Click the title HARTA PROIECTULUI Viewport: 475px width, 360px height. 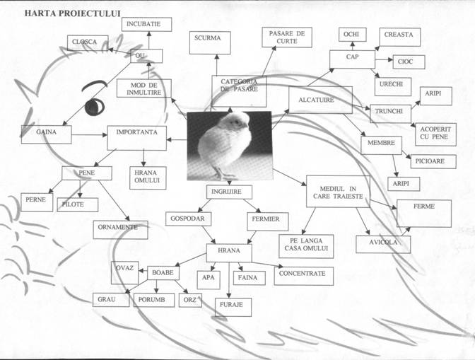pyautogui.click(x=72, y=13)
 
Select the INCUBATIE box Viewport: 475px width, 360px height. pyautogui.click(x=146, y=24)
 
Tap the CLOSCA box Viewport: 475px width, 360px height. pyautogui.click(x=88, y=42)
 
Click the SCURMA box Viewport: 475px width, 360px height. pyautogui.click(x=210, y=42)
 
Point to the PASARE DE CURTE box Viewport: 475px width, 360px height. pyautogui.click(x=287, y=37)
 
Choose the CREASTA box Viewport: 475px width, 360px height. pyautogui.click(x=400, y=37)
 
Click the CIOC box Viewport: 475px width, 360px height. pyautogui.click(x=409, y=62)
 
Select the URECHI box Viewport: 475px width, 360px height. pyautogui.click(x=393, y=87)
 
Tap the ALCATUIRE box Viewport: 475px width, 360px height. pyautogui.click(x=320, y=100)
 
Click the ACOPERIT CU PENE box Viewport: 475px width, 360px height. pyautogui.click(x=435, y=134)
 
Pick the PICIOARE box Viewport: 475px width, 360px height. pyautogui.click(x=433, y=161)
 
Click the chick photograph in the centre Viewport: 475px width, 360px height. pyautogui.click(x=229, y=146)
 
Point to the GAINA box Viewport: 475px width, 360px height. pyautogui.click(x=47, y=134)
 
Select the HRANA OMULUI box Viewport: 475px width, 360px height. pyautogui.click(x=148, y=178)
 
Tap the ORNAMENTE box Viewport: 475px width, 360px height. pyautogui.click(x=120, y=230)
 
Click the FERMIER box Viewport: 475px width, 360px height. pyautogui.click(x=267, y=221)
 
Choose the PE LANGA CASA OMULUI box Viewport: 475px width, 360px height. pyautogui.click(x=306, y=246)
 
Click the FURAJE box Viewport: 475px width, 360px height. pyautogui.click(x=233, y=307)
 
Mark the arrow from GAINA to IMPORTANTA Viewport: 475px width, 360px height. pyautogui.click(x=89, y=135)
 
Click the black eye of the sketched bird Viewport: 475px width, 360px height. pyautogui.click(x=94, y=107)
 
